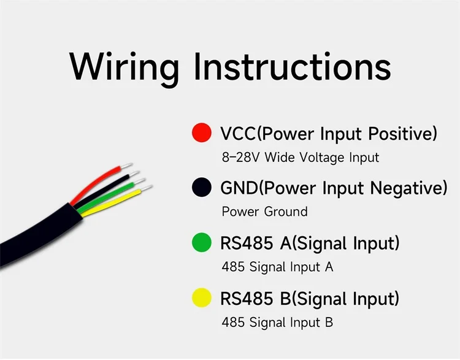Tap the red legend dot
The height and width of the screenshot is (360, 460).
(201, 133)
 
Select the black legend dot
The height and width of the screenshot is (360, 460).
(201, 188)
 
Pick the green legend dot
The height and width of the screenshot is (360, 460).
(201, 243)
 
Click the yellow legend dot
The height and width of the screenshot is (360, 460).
(201, 299)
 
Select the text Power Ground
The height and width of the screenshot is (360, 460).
(264, 212)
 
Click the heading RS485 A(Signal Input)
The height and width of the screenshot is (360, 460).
(310, 243)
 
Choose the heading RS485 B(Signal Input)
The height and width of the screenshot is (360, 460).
(310, 299)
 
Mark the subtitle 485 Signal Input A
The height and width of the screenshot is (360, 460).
(277, 267)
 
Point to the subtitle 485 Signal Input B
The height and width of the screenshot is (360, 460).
(277, 323)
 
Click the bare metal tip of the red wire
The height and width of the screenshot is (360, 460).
(126, 165)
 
